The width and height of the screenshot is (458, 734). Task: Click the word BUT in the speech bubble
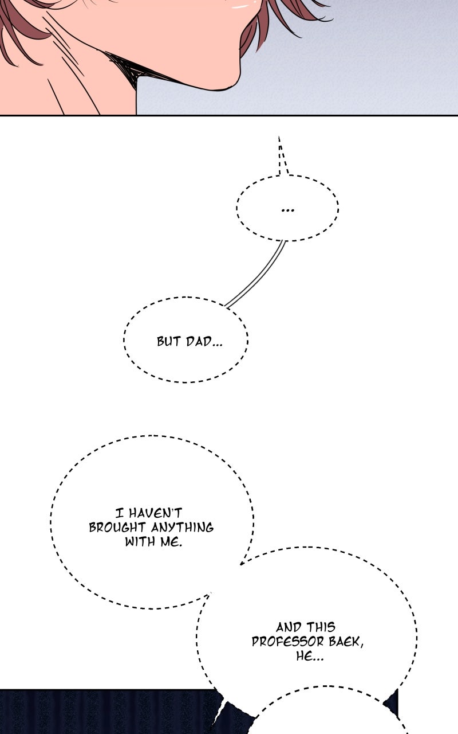[x=168, y=341]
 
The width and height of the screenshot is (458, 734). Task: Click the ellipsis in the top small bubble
[x=287, y=210]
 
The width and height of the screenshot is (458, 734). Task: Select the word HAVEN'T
[x=155, y=513]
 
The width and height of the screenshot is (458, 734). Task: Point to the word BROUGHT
[x=117, y=528]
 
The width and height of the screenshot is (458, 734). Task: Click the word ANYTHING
[x=182, y=528]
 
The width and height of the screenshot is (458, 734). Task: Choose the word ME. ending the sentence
[x=171, y=542]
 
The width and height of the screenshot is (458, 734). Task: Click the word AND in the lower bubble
[x=288, y=627]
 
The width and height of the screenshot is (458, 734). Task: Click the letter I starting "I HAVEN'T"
[x=120, y=513]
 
